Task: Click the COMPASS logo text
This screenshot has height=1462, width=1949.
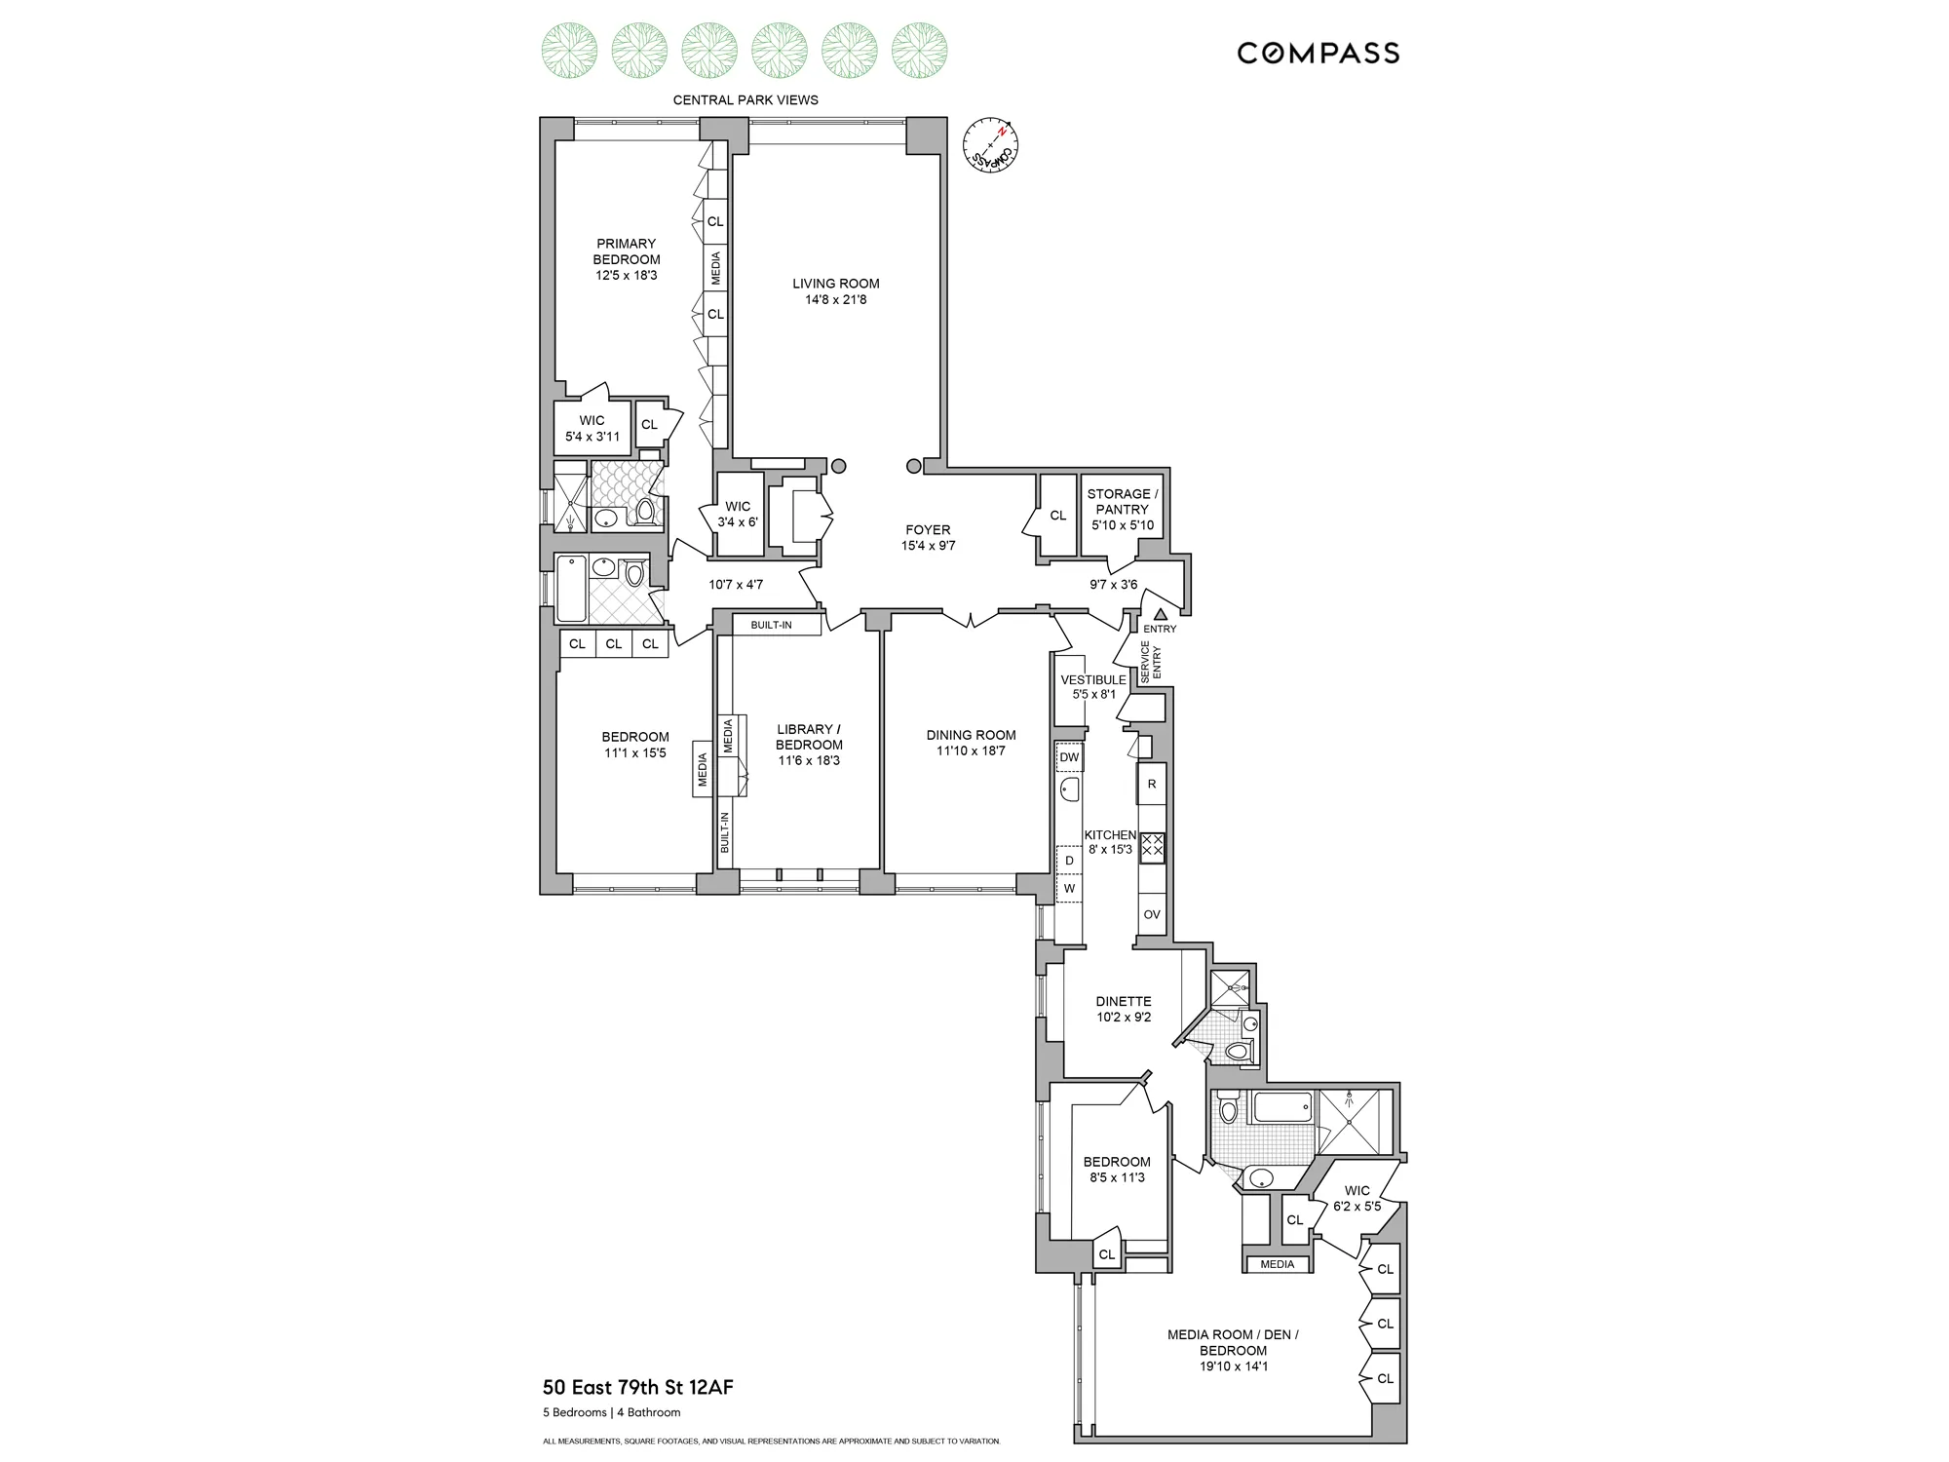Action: coord(1318,53)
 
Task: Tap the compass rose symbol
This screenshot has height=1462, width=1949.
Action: coord(990,145)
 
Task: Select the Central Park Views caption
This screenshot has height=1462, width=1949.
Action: coord(745,99)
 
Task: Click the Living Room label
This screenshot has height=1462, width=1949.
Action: coord(835,284)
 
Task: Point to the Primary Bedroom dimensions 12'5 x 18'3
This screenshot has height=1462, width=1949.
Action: coord(627,276)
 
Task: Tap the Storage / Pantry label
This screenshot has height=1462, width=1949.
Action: coord(1123,501)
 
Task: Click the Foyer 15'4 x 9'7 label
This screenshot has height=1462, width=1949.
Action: coord(928,538)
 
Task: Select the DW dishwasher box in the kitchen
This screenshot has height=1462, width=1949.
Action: coord(1069,757)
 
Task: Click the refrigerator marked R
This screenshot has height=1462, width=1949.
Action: coord(1152,785)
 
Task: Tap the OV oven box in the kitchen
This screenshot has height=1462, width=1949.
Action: coord(1152,914)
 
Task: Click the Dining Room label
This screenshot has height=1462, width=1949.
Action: coord(971,735)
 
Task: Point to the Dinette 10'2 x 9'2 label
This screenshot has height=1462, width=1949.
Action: coord(1124,1009)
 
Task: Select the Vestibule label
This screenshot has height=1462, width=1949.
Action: coord(1092,680)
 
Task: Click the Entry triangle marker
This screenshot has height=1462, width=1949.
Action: coord(1161,614)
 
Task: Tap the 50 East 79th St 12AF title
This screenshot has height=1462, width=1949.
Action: coord(637,1387)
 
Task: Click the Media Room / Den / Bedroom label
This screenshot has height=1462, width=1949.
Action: coord(1233,1342)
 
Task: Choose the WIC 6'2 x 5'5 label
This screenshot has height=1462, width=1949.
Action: coord(1357,1198)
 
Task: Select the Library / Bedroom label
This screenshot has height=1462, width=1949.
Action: coord(809,737)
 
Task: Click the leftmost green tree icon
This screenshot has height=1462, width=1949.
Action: coord(569,50)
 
